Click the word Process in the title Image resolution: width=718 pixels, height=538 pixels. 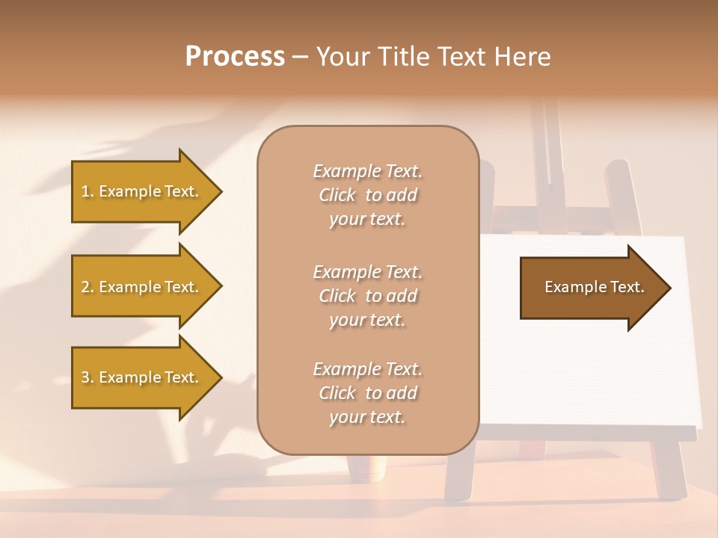click(x=235, y=56)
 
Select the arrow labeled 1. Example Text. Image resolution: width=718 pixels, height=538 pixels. click(x=140, y=191)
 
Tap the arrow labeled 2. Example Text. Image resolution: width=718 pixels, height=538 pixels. click(x=140, y=287)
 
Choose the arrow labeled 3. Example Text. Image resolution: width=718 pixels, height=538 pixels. click(x=140, y=377)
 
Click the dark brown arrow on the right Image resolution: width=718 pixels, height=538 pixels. click(x=594, y=288)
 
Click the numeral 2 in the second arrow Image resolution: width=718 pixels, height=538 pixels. click(x=85, y=287)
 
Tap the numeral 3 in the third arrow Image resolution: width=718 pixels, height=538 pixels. click(x=85, y=377)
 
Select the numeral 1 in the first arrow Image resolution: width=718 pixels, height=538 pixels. click(x=85, y=191)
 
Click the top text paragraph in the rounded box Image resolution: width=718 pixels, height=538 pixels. click(x=367, y=195)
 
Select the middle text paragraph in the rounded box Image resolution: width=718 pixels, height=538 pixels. click(x=367, y=296)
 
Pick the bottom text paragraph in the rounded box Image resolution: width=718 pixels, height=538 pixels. click(x=367, y=393)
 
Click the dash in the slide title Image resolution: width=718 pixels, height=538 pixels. click(x=301, y=57)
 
